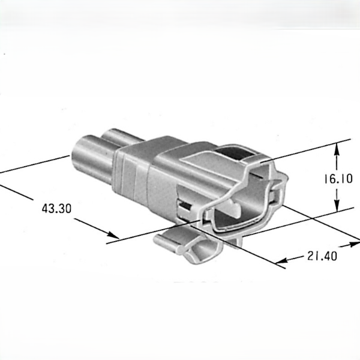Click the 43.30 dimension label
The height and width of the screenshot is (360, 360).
[56, 209]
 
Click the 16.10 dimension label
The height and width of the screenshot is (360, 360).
[338, 179]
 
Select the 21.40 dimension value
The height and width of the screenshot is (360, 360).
[322, 256]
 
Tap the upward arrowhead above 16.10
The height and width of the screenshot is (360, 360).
[337, 149]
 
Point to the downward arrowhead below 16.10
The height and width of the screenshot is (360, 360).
[337, 205]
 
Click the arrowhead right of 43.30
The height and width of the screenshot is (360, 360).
[113, 235]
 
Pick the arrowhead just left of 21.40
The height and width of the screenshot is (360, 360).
[281, 260]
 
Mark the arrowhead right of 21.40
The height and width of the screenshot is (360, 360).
[353, 244]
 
